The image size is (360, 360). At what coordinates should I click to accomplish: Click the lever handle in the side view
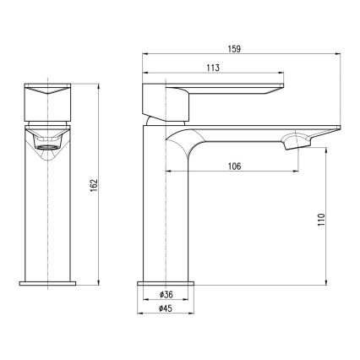pyautogui.click(x=211, y=91)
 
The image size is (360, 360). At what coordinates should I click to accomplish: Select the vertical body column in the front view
pyautogui.click(x=48, y=211)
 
